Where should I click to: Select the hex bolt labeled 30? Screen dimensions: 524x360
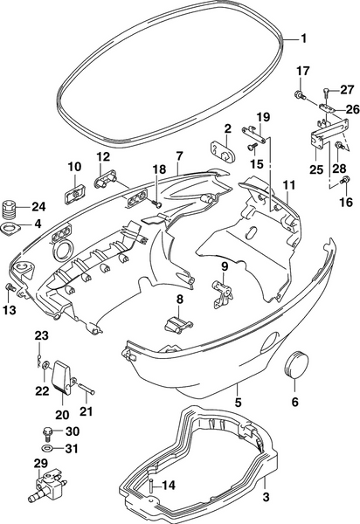click(x=48, y=433)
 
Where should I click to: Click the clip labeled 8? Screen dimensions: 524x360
click(x=177, y=325)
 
